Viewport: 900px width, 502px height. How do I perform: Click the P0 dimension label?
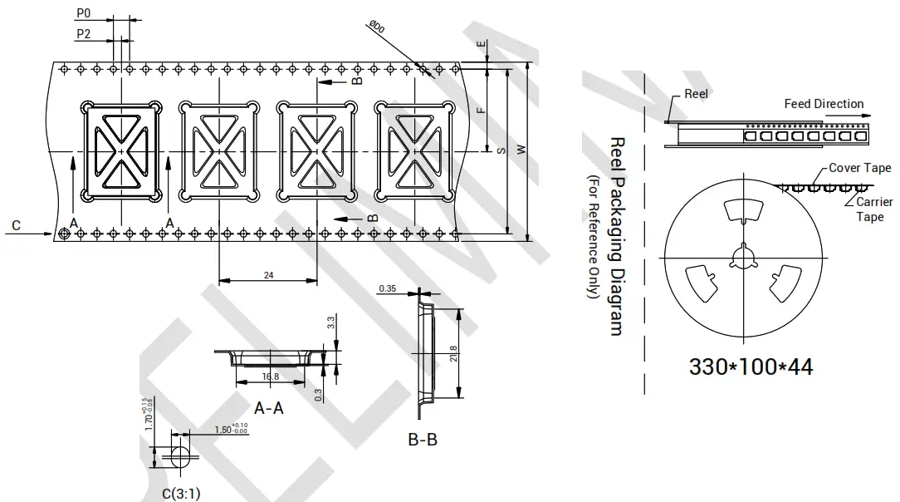click(x=83, y=14)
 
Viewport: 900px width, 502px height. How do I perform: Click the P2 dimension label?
click(x=83, y=34)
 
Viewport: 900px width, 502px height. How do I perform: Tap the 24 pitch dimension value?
click(x=268, y=276)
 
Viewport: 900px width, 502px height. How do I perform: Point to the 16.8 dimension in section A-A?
click(x=270, y=376)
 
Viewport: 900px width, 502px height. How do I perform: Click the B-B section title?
click(x=423, y=440)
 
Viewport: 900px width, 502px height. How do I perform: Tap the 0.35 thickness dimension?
click(x=387, y=289)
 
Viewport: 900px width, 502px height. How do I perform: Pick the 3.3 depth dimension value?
click(x=331, y=321)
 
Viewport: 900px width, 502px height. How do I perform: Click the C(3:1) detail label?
click(x=180, y=493)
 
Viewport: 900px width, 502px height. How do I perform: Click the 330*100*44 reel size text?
click(x=751, y=366)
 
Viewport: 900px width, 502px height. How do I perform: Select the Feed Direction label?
click(x=824, y=104)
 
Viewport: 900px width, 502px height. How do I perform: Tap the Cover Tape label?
click(x=859, y=168)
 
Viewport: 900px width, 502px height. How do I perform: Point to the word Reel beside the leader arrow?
click(x=696, y=94)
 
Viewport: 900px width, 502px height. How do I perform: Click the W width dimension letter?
click(x=521, y=150)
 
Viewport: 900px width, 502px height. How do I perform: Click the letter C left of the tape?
click(x=16, y=225)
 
